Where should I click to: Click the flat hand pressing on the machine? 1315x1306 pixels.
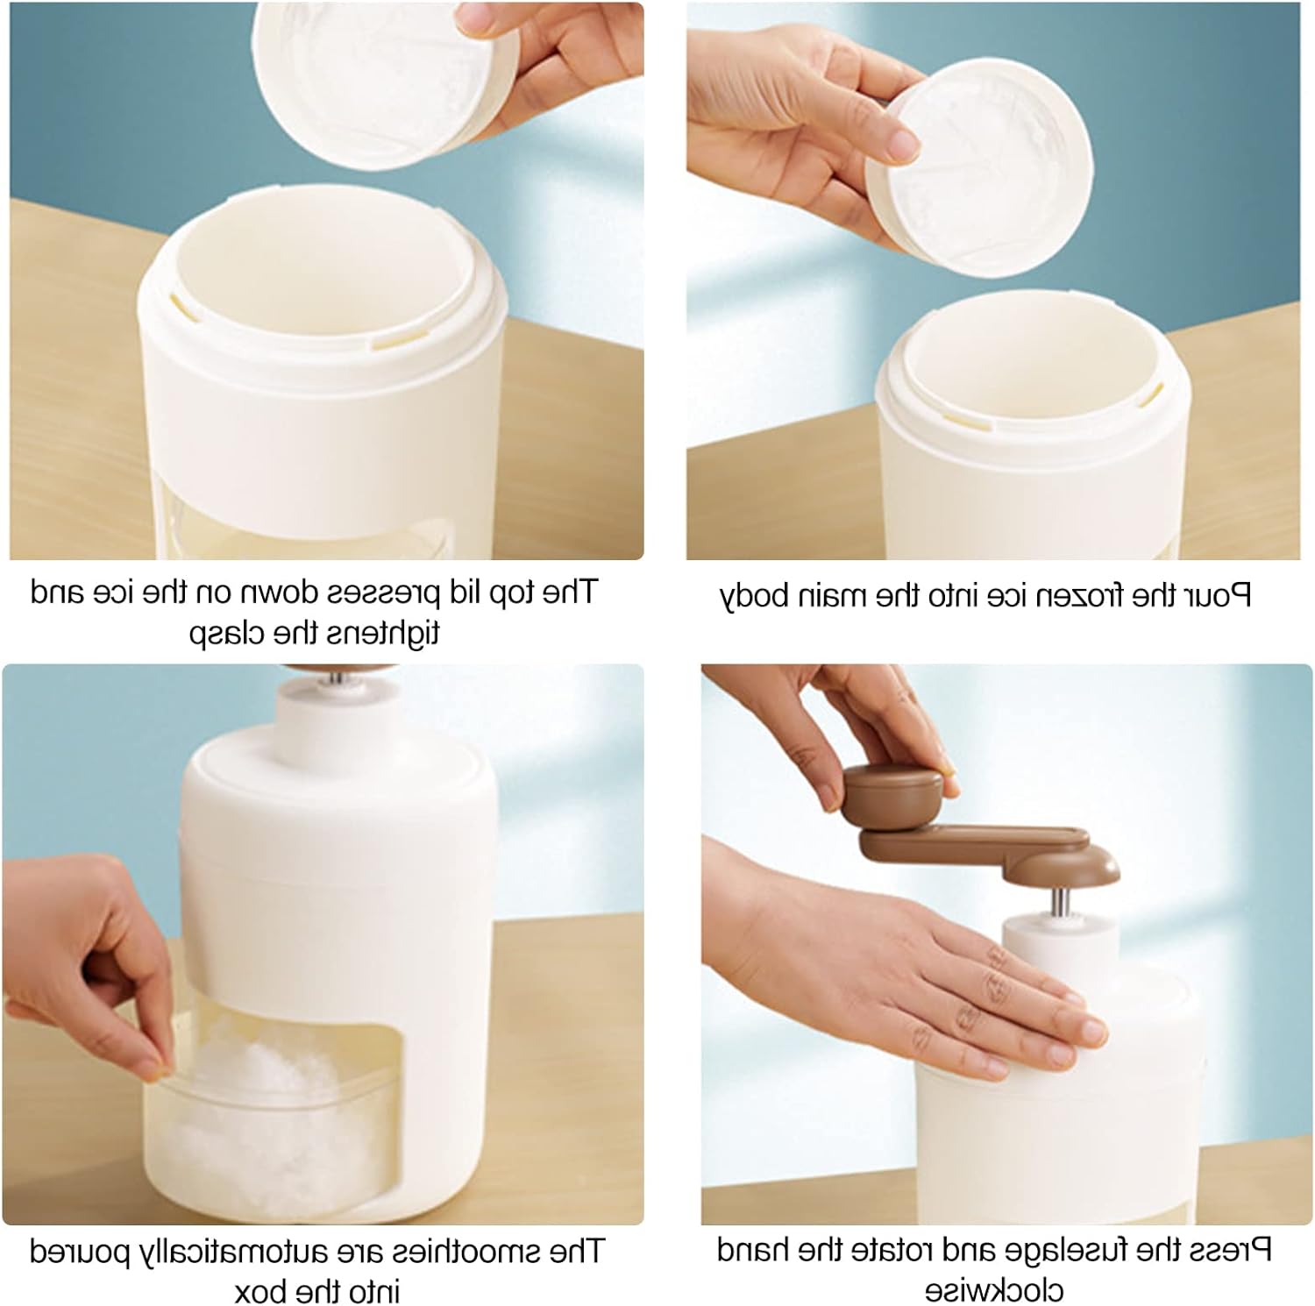[912, 973]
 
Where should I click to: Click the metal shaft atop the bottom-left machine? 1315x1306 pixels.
[337, 677]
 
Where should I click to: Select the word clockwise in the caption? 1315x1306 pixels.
[993, 1290]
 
